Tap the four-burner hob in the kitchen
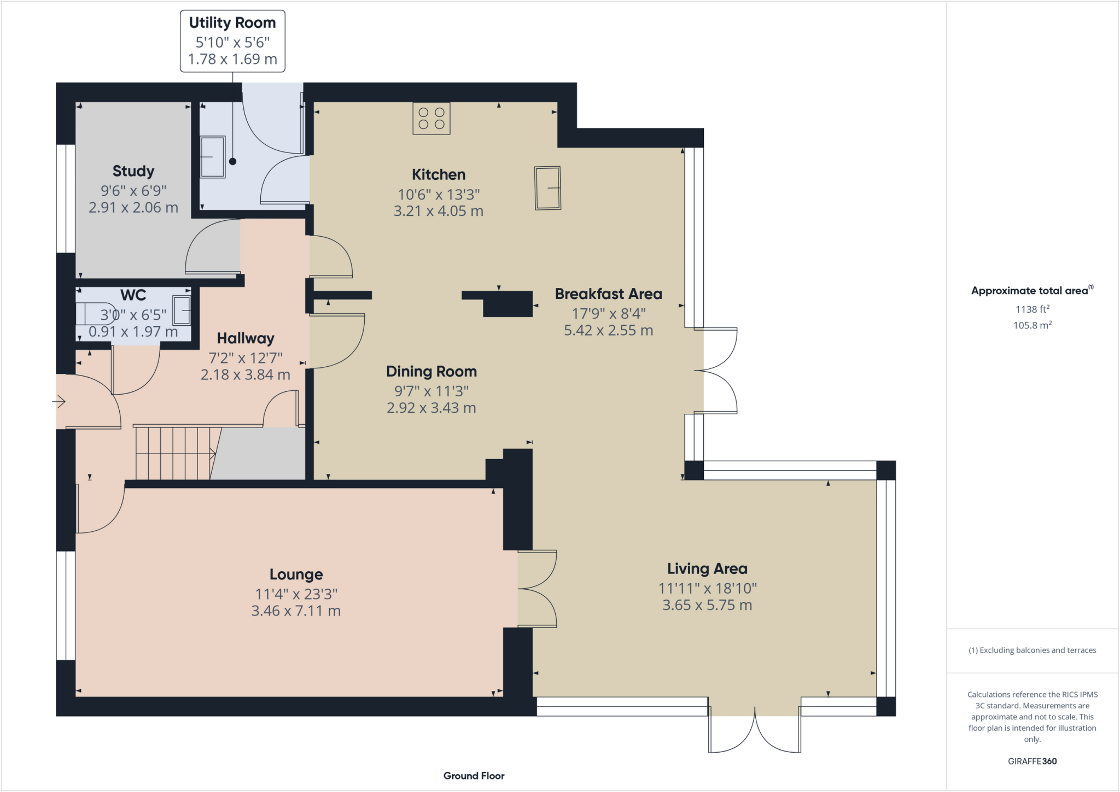click(x=431, y=119)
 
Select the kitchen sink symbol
click(x=547, y=188)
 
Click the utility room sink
click(x=212, y=157)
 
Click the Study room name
click(x=133, y=171)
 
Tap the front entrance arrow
click(x=59, y=402)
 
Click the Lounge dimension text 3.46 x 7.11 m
click(x=296, y=611)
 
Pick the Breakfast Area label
click(x=608, y=294)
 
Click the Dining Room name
click(x=431, y=372)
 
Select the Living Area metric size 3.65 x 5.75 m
click(x=707, y=605)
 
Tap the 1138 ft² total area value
click(x=1032, y=309)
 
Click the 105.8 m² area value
click(x=1032, y=325)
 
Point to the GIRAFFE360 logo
click(x=1032, y=761)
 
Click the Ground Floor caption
click(x=474, y=776)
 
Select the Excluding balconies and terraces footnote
click(x=1032, y=650)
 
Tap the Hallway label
click(x=245, y=338)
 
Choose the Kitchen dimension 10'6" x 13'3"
click(x=439, y=195)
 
